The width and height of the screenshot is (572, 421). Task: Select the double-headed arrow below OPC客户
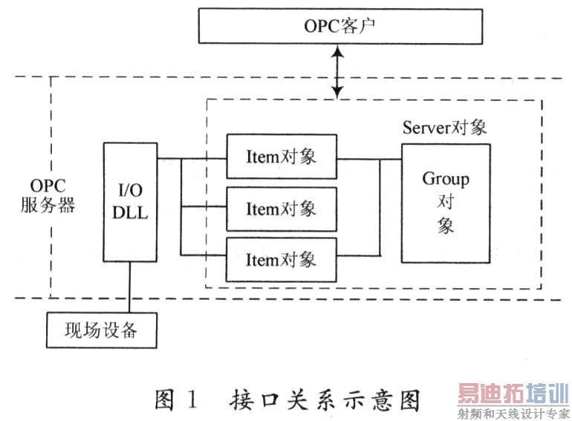[x=338, y=72]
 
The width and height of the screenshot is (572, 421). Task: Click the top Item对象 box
[x=281, y=157]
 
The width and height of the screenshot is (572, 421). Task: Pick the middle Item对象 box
[x=281, y=208]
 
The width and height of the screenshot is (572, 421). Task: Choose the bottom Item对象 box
[x=281, y=259]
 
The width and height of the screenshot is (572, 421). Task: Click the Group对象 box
[x=446, y=202]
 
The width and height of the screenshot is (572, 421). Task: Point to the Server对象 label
[x=444, y=127]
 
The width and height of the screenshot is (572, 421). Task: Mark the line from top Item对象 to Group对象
[x=368, y=158]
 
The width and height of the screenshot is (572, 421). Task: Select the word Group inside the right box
[x=446, y=179]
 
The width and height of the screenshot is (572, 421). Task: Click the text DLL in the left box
[x=130, y=214]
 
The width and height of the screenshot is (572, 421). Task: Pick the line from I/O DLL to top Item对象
[x=191, y=158]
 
